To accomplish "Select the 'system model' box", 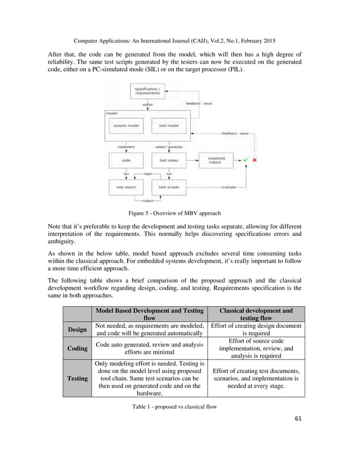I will point(127,125).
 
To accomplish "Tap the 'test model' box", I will point(169,125).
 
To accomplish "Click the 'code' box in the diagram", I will point(126,160).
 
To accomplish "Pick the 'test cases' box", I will point(169,160).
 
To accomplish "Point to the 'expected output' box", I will point(216,160).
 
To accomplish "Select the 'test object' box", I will point(126,187).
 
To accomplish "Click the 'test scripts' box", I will point(169,187).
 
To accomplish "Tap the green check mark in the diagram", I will point(245,160).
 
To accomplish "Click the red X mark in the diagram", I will point(255,160).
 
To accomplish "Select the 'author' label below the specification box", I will point(147,104).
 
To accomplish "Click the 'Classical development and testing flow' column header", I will point(256,314).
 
